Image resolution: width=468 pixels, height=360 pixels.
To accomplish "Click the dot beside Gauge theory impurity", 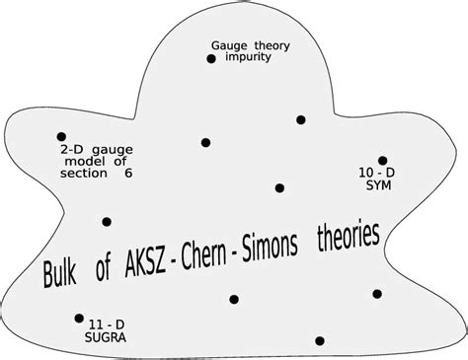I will [210, 59].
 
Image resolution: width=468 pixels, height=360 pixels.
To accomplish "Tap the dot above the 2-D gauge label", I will [61, 137].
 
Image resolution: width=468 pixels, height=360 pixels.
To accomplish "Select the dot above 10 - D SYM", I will [383, 160].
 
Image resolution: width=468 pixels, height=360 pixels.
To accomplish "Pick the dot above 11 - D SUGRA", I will [79, 318].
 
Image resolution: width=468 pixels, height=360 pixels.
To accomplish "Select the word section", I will [83, 173].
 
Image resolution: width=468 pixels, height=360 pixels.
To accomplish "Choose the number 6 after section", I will [127, 173].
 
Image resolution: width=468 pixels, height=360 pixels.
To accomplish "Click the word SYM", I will [378, 184].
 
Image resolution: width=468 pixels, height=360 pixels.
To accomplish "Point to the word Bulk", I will [59, 273].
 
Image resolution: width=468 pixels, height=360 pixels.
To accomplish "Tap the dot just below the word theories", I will [376, 292].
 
